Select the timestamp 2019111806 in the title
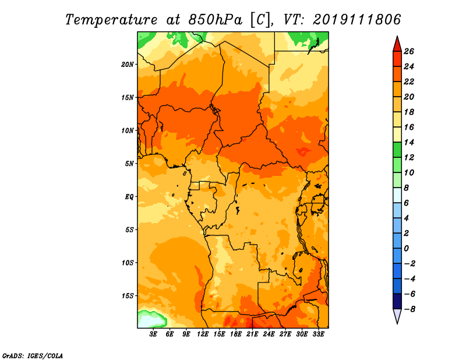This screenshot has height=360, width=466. (357, 19)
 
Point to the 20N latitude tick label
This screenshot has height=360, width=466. (128, 64)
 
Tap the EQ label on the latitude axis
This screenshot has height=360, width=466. (129, 196)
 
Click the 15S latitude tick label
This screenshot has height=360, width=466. (128, 295)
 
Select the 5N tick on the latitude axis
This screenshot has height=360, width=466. (129, 163)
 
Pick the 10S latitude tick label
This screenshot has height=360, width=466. (128, 262)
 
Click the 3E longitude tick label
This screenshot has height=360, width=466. (153, 334)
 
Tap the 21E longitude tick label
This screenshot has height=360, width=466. (253, 334)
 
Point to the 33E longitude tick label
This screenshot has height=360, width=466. (319, 334)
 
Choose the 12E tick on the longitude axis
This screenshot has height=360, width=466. (203, 334)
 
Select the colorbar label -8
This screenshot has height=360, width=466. (408, 309)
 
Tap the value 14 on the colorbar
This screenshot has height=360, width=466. (408, 142)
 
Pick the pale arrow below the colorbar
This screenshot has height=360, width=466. (397, 316)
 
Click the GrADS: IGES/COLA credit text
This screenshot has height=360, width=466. (33, 355)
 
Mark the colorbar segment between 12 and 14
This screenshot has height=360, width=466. (397, 150)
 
